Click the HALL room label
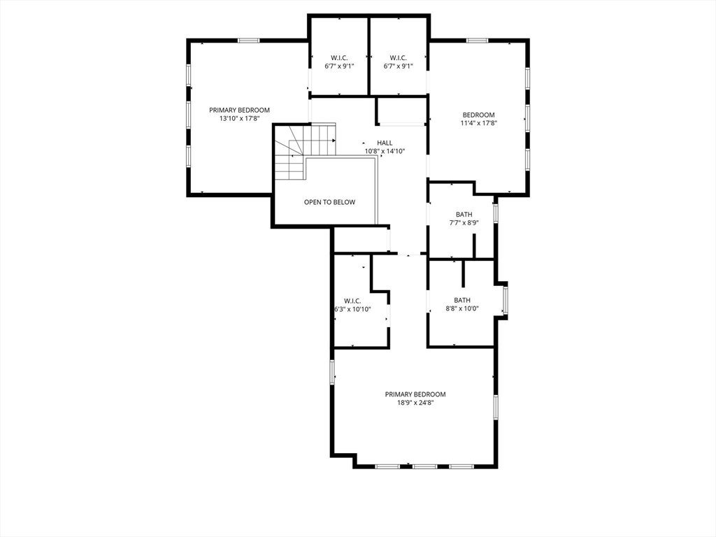(385, 143)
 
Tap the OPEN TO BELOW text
(330, 202)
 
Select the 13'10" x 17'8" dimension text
(239, 118)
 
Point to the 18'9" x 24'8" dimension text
(415, 403)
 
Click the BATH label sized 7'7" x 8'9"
(464, 214)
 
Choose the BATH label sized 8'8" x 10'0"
(462, 300)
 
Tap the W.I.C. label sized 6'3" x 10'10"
(352, 301)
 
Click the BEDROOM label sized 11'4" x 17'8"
(478, 115)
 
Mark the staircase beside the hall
(305, 152)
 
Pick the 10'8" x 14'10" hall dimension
(385, 151)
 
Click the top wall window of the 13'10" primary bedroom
(249, 41)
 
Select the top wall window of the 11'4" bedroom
(477, 41)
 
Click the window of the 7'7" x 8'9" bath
(496, 213)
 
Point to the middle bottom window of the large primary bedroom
(424, 466)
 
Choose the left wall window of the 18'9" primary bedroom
(332, 372)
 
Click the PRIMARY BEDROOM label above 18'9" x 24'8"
(415, 394)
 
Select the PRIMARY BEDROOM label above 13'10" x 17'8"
(239, 110)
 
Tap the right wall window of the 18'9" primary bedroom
(496, 407)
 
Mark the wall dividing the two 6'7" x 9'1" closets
(368, 56)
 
